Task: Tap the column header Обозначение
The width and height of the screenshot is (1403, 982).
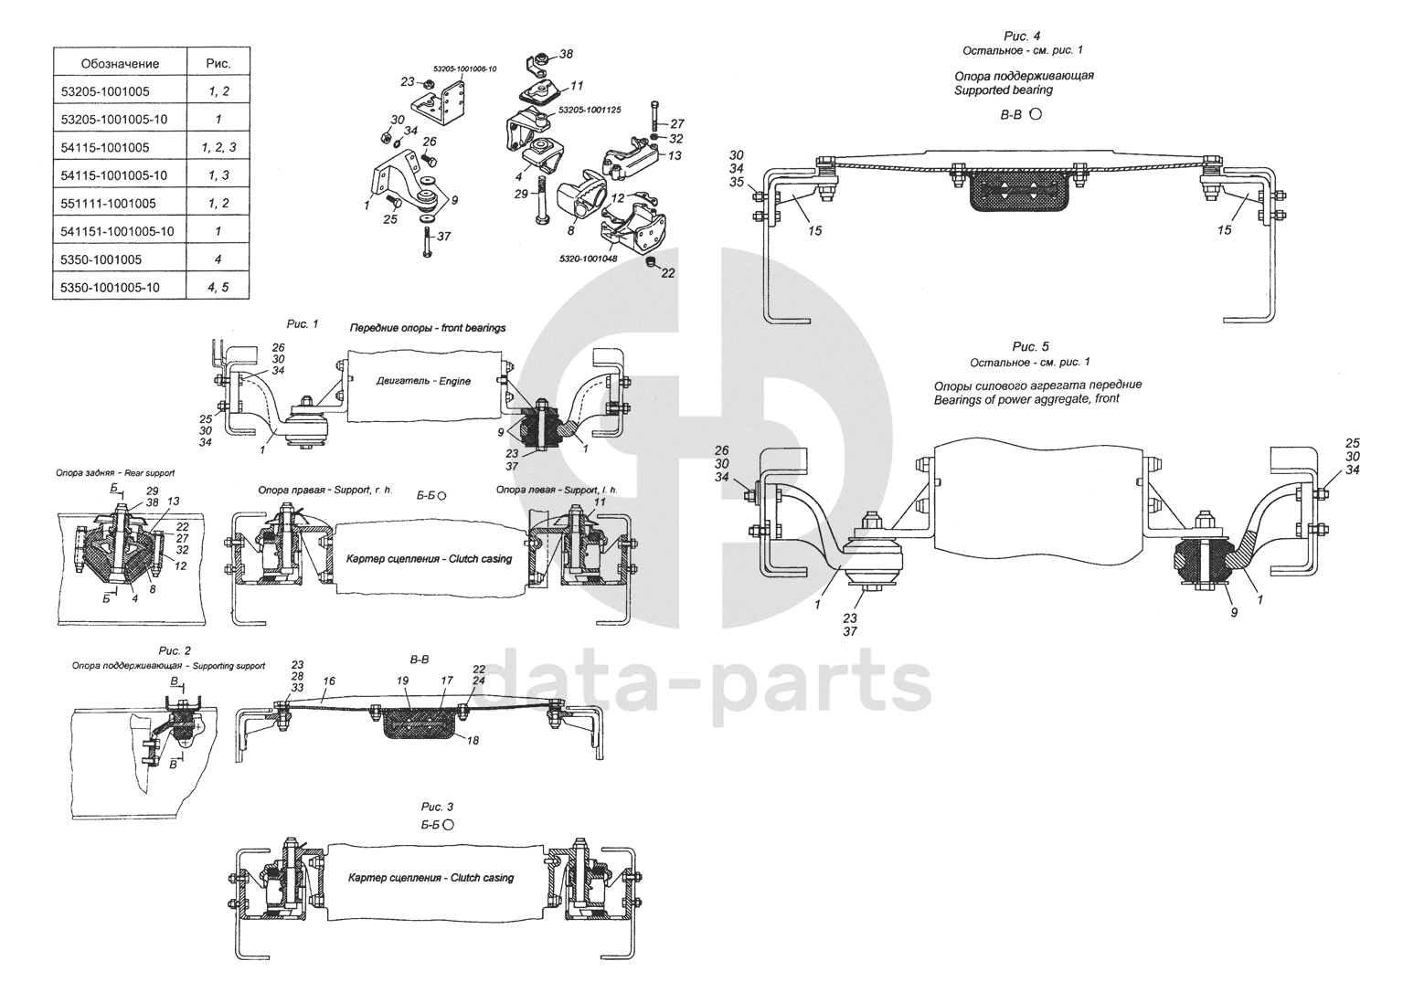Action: pos(120,63)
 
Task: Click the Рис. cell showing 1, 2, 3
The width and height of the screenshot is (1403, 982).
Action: pos(218,147)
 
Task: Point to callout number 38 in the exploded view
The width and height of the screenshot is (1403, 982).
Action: pos(566,54)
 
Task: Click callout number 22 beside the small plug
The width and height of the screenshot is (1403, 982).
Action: pos(667,273)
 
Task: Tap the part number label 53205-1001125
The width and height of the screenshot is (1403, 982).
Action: pos(590,110)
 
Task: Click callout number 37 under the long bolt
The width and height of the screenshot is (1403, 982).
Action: pos(443,236)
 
